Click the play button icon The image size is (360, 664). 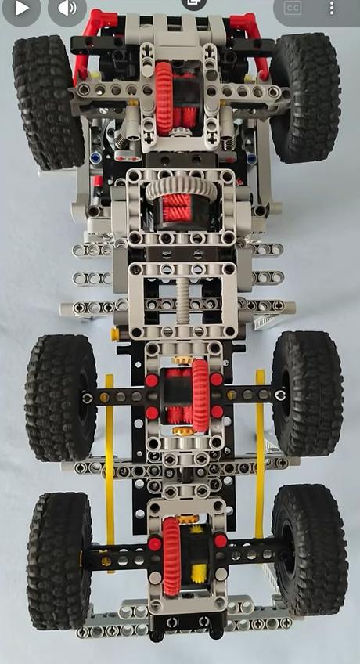point(22,8)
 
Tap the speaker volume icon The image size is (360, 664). point(67,9)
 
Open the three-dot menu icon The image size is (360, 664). point(332,8)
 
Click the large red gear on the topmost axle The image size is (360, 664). point(164,98)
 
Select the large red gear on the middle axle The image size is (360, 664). point(200,395)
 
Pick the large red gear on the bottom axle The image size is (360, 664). point(171,554)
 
